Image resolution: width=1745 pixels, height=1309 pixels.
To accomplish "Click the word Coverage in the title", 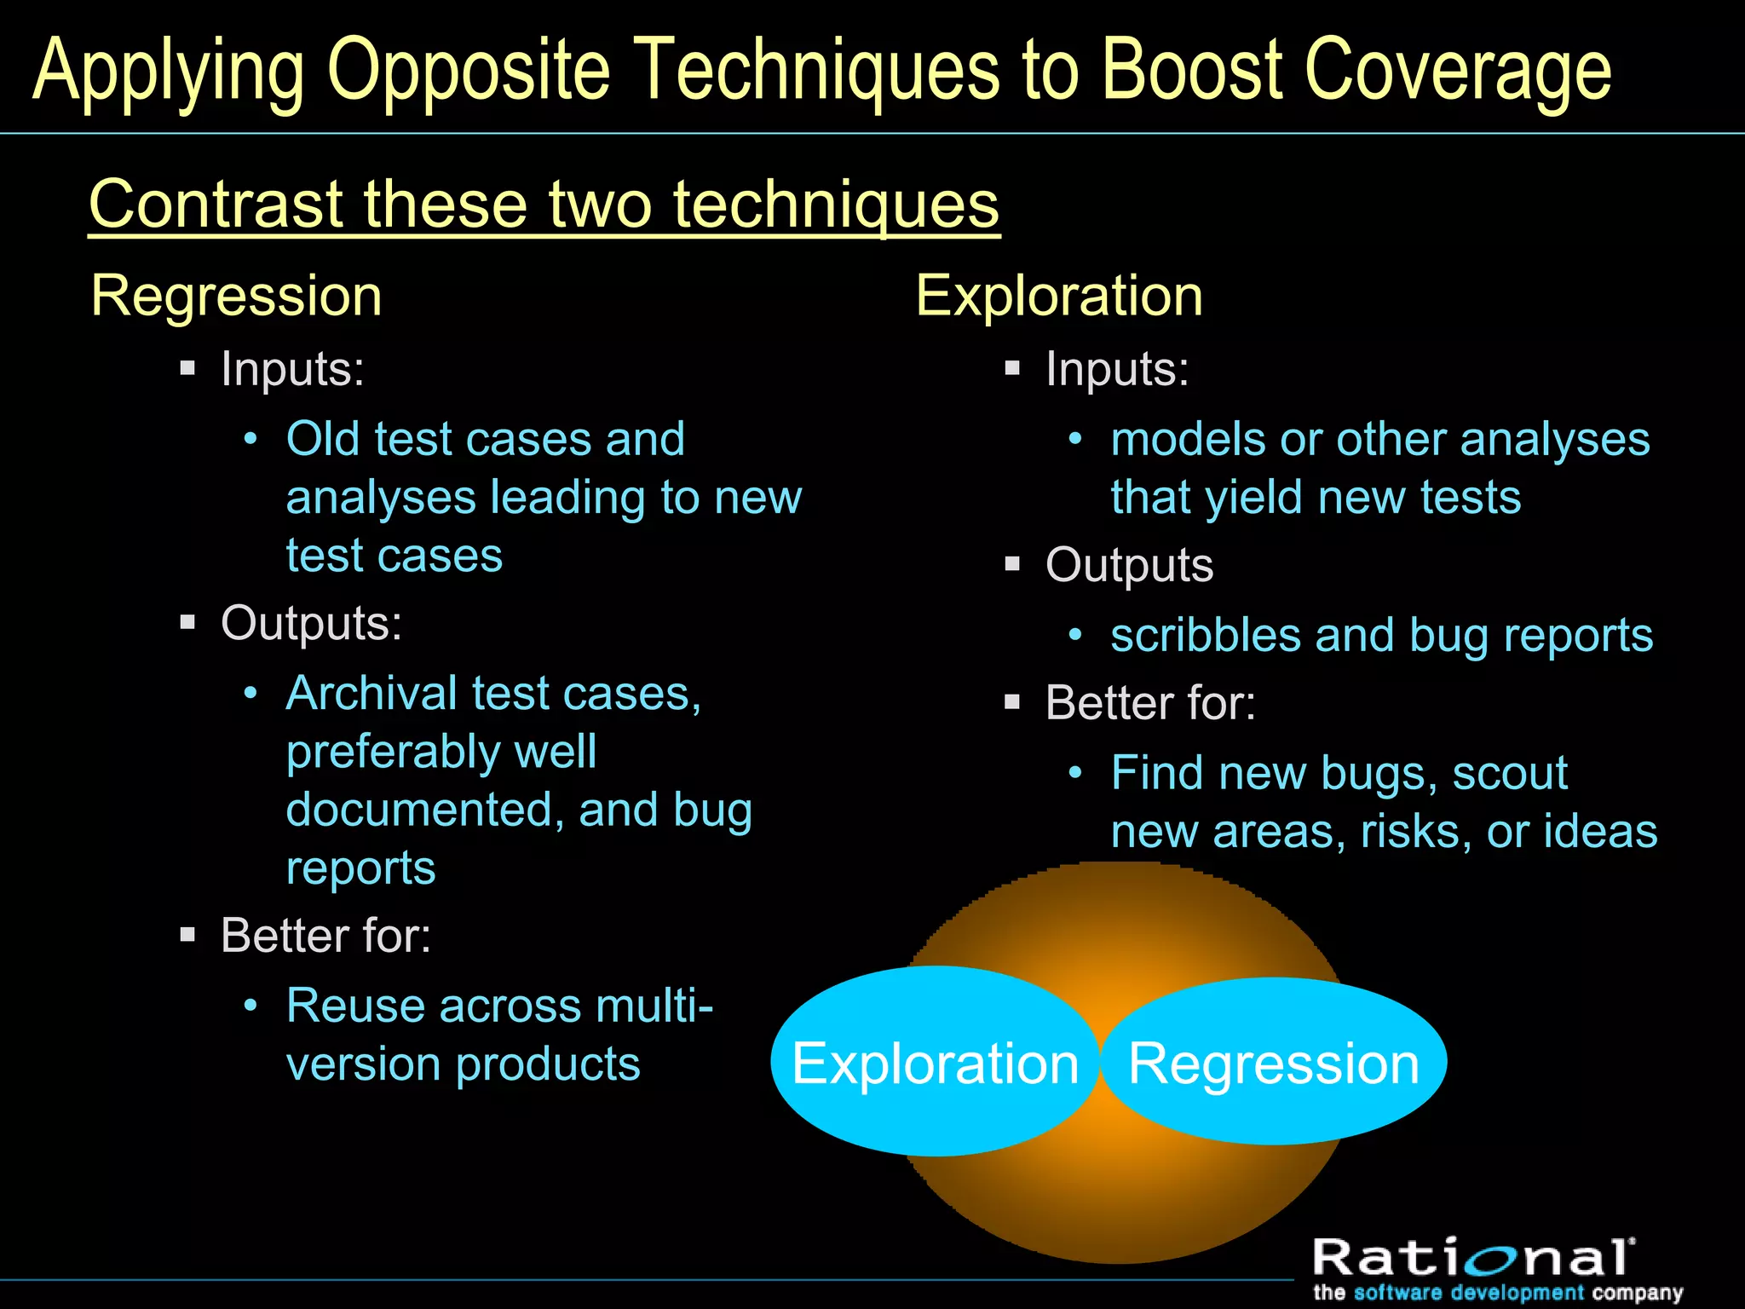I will click(1458, 72).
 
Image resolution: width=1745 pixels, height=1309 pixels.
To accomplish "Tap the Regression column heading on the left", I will click(236, 297).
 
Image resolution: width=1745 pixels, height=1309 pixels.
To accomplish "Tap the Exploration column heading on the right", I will click(1059, 297).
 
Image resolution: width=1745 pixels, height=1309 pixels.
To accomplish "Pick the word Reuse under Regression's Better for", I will click(355, 1006).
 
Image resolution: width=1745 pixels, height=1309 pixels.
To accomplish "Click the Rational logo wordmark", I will click(1472, 1258).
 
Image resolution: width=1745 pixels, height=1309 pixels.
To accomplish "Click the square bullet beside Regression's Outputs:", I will click(188, 622).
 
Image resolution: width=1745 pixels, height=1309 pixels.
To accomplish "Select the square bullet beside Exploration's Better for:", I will click(1012, 703).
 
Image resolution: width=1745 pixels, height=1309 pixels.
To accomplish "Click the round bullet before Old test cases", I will click(251, 440).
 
